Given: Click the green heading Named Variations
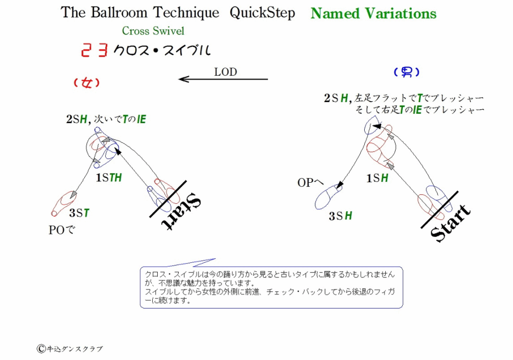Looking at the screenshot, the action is click(x=373, y=14).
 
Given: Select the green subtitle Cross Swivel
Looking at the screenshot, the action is click(x=153, y=31).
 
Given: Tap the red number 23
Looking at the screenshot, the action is click(x=94, y=51).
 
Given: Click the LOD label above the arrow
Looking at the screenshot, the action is click(x=225, y=72).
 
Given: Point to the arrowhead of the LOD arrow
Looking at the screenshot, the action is click(x=180, y=79).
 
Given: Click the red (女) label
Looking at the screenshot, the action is click(x=87, y=83).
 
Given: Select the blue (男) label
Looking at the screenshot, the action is click(x=406, y=72).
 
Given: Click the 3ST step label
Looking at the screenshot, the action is click(x=79, y=213).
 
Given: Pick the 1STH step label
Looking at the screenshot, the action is click(x=109, y=178).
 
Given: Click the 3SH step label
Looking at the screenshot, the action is click(x=341, y=216).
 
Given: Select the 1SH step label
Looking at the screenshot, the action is click(x=377, y=178).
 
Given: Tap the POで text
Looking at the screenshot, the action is click(x=62, y=230).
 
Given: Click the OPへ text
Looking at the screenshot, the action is click(x=310, y=182).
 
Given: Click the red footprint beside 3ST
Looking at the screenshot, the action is click(x=64, y=203).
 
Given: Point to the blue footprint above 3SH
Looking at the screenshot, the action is click(x=329, y=197).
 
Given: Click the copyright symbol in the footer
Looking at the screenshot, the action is click(x=41, y=349).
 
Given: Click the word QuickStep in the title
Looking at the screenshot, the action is click(x=263, y=13).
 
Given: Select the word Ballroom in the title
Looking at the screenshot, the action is click(x=119, y=13).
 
